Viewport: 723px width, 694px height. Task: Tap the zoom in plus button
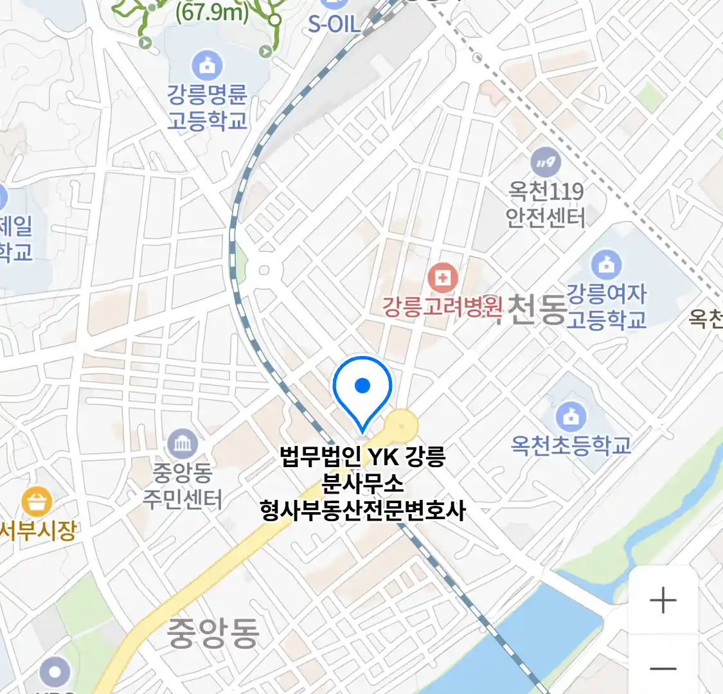click(x=663, y=601)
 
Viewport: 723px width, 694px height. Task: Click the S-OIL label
click(x=334, y=24)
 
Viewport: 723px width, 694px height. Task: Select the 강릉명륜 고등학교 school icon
click(x=207, y=65)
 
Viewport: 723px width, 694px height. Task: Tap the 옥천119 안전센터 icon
click(x=546, y=163)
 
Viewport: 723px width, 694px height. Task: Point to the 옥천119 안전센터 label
click(x=546, y=204)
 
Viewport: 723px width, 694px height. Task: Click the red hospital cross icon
click(x=442, y=278)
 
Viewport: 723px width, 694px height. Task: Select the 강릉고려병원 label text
click(x=442, y=307)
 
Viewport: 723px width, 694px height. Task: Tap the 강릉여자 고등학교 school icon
click(x=605, y=264)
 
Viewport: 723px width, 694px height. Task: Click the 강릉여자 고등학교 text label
click(x=606, y=307)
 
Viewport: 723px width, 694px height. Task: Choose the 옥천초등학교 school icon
click(x=571, y=416)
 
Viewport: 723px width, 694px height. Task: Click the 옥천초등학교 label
click(x=571, y=445)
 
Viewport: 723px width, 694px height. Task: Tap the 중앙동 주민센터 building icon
click(x=183, y=443)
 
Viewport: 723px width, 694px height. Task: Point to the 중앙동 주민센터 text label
click(x=183, y=486)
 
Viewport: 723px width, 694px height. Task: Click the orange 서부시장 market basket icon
click(x=37, y=502)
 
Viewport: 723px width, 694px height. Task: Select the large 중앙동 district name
click(x=213, y=633)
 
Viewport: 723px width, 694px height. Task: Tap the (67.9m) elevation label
click(x=211, y=12)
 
